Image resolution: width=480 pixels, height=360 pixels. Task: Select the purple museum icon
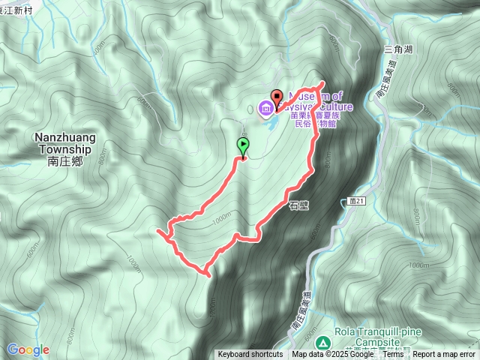coord(265,109)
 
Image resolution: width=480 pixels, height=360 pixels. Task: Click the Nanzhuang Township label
coord(63,142)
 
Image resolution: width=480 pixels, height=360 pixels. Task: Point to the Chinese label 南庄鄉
coord(63,160)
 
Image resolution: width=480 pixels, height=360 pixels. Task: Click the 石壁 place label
coord(298,203)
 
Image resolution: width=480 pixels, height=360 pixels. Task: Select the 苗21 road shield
coord(357,201)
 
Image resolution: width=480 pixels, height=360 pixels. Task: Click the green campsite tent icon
coord(322,342)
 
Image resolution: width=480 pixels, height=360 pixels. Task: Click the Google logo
coord(28,349)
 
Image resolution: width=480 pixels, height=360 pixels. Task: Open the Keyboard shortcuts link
coord(250,355)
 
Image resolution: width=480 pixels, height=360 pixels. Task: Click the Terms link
coord(393,355)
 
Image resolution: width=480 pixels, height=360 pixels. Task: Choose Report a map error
coord(444,355)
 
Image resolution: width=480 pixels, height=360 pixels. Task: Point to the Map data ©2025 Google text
coord(332,355)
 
